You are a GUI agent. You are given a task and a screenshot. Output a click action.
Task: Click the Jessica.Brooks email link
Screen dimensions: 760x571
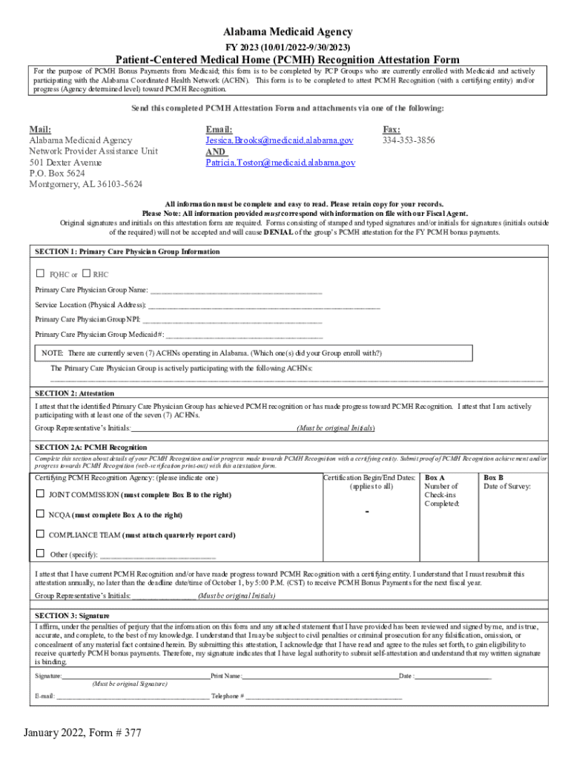[280, 140]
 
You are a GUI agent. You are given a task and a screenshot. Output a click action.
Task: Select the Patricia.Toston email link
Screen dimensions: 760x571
[280, 163]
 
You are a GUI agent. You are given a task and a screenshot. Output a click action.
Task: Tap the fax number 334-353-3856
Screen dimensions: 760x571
[409, 140]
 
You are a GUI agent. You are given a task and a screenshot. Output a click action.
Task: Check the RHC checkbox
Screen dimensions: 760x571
[87, 274]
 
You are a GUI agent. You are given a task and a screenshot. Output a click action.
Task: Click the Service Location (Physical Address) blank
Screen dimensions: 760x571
[264, 305]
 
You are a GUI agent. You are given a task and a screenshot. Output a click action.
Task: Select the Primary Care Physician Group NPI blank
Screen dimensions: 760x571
[232, 320]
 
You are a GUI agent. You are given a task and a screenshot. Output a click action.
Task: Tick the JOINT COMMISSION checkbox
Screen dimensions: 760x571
[40, 494]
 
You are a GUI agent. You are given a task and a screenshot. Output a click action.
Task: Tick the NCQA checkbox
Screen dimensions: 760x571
[40, 514]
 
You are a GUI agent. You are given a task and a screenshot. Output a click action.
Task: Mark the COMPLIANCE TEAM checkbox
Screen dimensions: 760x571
[40, 534]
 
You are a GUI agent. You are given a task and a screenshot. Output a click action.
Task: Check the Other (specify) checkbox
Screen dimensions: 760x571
[40, 554]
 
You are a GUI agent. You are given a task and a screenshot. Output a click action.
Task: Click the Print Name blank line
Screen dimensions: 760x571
[320, 676]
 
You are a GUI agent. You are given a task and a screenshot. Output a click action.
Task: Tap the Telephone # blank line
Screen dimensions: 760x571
[324, 697]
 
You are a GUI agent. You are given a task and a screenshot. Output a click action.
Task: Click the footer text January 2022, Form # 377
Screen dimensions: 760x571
[82, 733]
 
